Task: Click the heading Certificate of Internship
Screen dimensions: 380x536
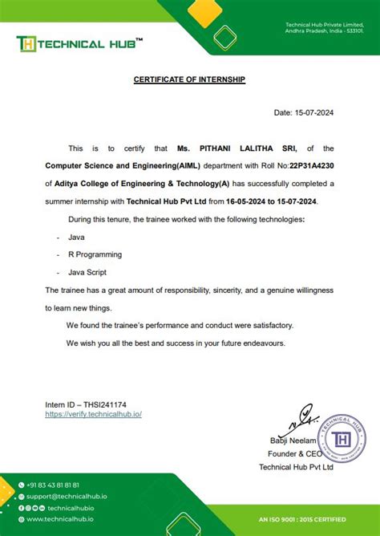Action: [189, 79]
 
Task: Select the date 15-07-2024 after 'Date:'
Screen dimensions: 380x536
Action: [317, 113]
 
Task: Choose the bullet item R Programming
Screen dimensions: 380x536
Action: [95, 254]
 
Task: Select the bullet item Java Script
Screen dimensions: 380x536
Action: [87, 272]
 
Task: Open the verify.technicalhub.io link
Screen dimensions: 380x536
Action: [94, 414]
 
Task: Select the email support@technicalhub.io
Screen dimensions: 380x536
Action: [67, 497]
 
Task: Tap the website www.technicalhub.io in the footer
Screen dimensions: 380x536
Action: [61, 519]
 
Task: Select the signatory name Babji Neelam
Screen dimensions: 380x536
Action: [293, 441]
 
